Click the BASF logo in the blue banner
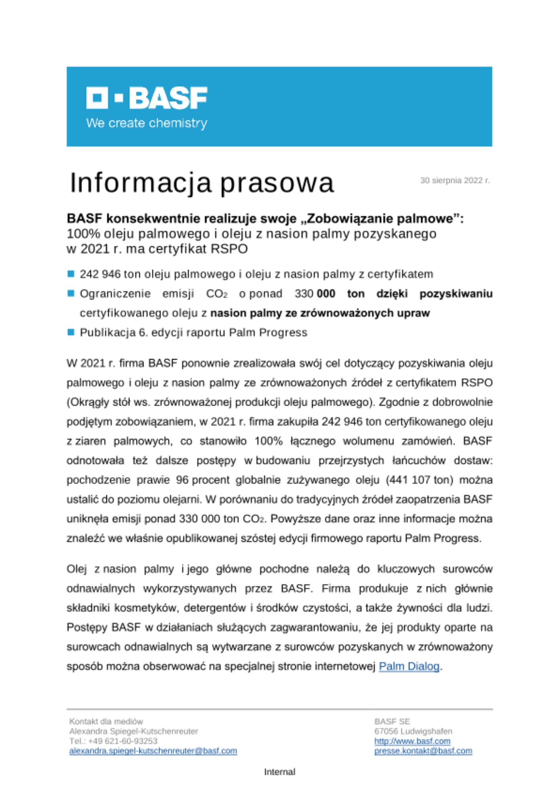[147, 98]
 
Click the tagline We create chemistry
[147, 123]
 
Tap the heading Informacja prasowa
[202, 183]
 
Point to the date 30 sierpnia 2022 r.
[455, 181]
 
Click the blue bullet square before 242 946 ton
[71, 274]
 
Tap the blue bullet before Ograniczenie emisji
[71, 293]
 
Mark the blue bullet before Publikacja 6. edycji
[71, 332]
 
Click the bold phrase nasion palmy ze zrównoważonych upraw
[320, 313]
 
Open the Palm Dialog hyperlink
[409, 666]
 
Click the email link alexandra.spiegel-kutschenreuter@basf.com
[153, 751]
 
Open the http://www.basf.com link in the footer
[412, 741]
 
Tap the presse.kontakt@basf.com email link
[423, 751]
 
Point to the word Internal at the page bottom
[279, 772]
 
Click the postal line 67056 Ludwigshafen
[413, 731]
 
